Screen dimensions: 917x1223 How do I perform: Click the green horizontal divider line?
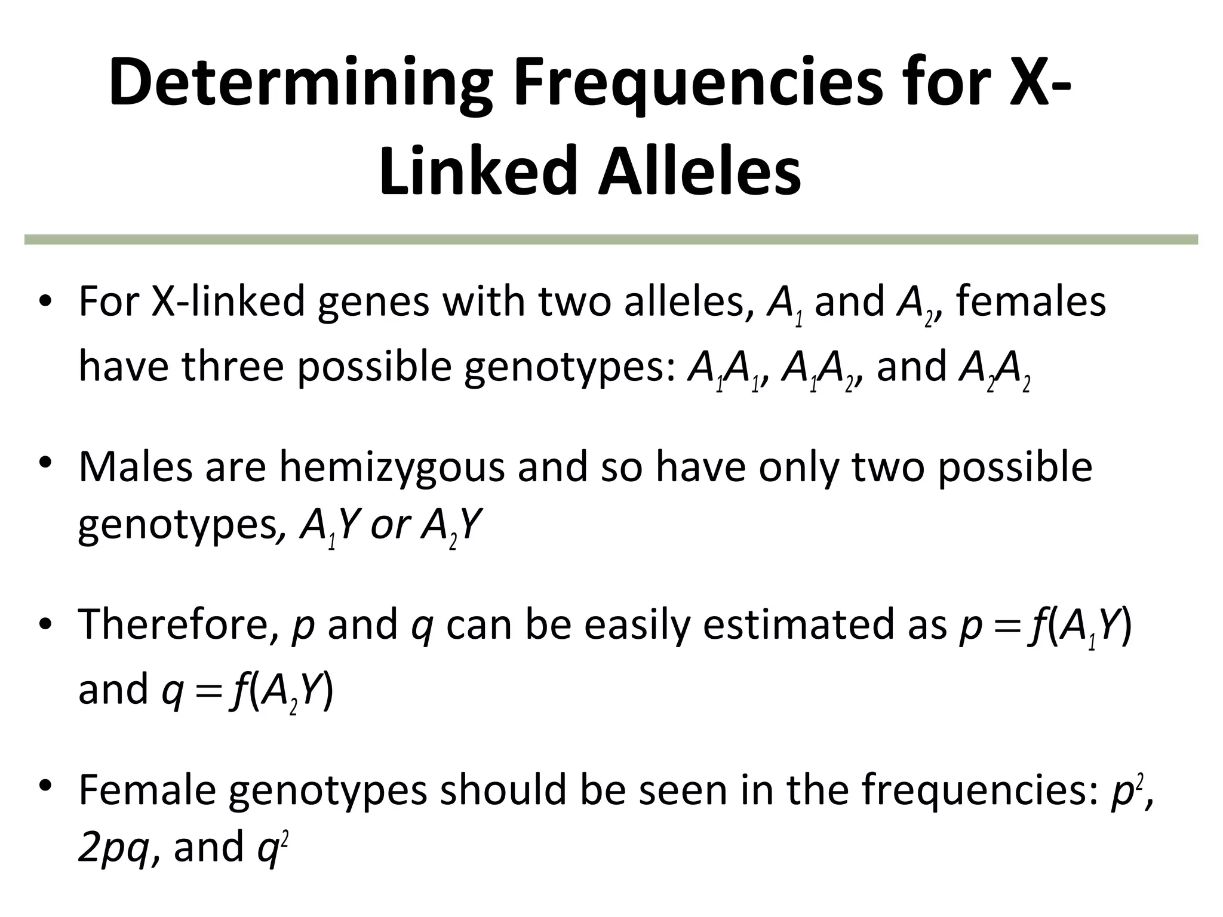pos(611,239)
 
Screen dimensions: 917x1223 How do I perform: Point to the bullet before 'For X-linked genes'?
pos(45,303)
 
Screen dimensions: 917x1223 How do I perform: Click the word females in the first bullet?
pos(1031,301)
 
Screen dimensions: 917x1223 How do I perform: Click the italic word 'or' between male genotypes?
pos(389,525)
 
